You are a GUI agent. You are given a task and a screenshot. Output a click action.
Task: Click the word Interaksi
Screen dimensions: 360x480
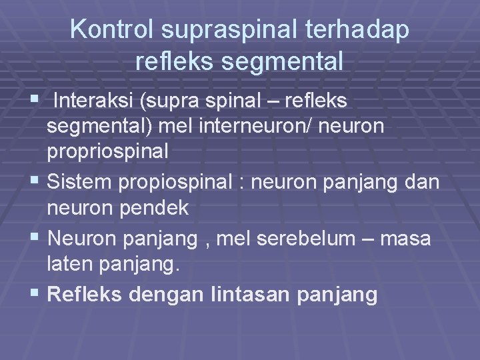tap(93, 101)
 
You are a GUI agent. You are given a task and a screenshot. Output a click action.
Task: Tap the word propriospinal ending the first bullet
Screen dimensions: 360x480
tap(107, 151)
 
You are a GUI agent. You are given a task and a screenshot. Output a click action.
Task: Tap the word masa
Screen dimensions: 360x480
tap(406, 238)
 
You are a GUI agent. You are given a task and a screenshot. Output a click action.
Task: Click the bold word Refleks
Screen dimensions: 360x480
tap(85, 294)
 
